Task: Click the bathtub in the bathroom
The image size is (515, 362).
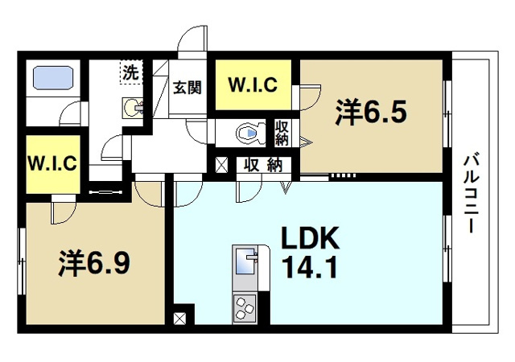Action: coord(54,79)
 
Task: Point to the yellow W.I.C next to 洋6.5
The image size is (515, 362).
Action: coord(253,84)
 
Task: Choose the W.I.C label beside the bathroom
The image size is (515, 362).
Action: coord(52,162)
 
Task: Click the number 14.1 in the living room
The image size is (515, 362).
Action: coord(311,265)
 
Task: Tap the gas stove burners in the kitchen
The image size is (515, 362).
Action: coord(245,306)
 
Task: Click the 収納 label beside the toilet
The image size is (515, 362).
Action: coord(282,132)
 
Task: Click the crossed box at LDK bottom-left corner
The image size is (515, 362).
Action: coord(178,317)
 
